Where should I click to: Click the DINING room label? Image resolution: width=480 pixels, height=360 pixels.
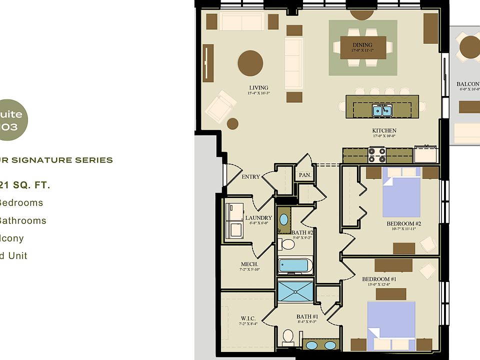[362, 45]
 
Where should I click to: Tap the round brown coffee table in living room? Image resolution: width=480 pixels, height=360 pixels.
[250, 63]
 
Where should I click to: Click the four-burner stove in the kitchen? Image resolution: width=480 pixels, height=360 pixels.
[377, 155]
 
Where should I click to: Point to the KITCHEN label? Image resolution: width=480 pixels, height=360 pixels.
[384, 131]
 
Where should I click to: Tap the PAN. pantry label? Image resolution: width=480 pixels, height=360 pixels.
[304, 175]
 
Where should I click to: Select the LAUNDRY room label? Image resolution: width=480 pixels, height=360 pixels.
[258, 218]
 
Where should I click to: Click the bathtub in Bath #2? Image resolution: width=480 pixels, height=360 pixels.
[295, 265]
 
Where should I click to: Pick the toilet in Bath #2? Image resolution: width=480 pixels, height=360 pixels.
[287, 244]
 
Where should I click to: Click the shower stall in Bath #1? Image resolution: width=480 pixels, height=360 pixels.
[295, 290]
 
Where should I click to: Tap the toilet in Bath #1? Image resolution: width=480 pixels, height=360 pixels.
[287, 337]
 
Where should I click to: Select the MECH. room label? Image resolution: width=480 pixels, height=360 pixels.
[249, 264]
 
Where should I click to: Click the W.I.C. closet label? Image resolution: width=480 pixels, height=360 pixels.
[248, 318]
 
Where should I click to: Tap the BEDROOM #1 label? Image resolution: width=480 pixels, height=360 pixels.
[379, 279]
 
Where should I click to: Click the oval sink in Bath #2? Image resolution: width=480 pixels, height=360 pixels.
[283, 219]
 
